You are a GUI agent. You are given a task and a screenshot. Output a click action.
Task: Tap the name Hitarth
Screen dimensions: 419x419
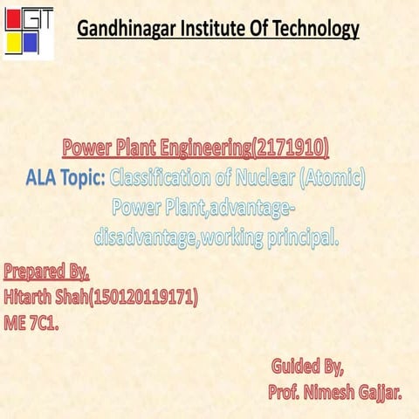(31, 297)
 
